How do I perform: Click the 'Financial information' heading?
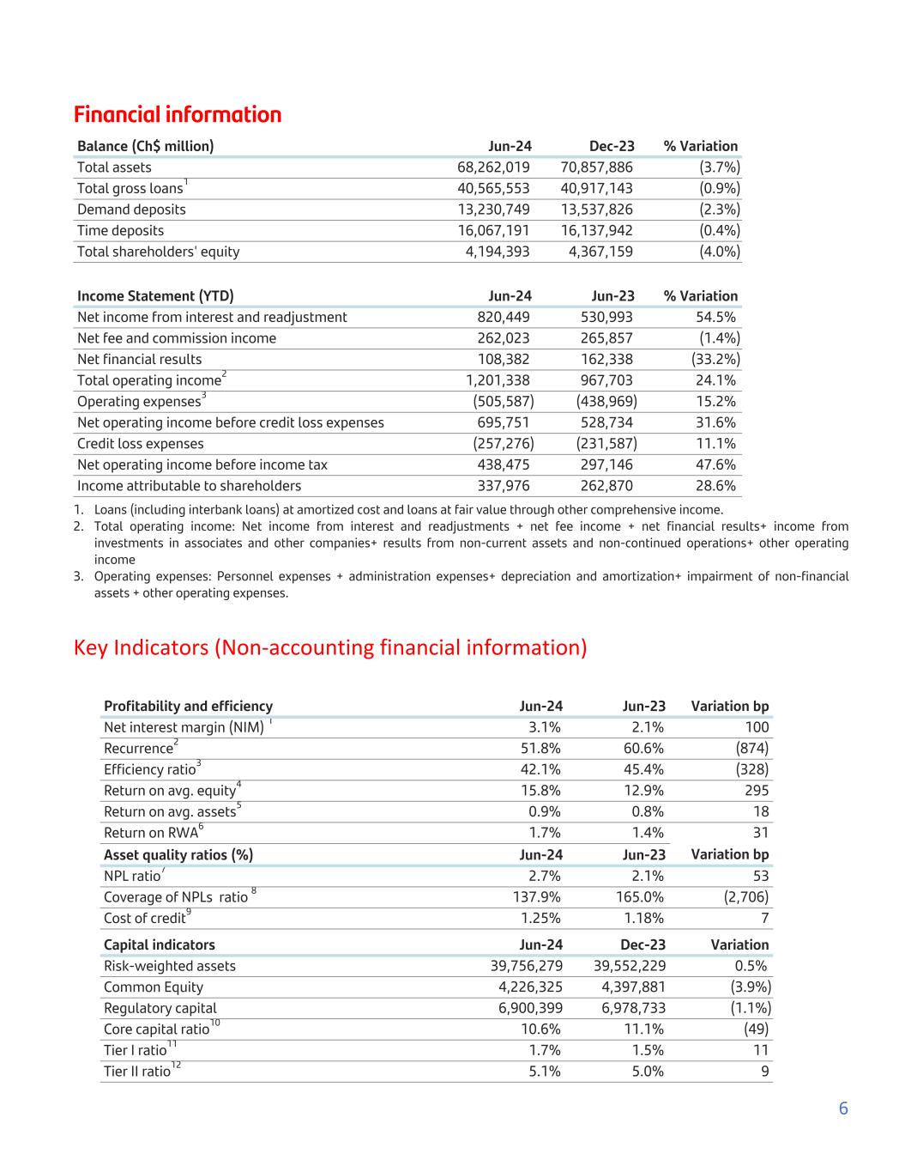tap(178, 115)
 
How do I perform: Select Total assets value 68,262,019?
tap(493, 167)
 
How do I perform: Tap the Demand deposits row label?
tap(131, 210)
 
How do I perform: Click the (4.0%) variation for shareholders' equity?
tap(719, 252)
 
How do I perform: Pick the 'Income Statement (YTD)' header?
tap(155, 296)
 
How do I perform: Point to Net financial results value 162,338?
tap(606, 360)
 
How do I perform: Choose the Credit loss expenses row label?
tap(141, 444)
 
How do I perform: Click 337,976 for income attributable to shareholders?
tap(504, 486)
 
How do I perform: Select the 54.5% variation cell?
tap(716, 318)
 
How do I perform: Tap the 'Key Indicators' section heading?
tap(330, 647)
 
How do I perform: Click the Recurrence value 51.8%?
tap(541, 749)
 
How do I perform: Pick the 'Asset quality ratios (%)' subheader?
tap(178, 855)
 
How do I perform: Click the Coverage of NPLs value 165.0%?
tap(640, 897)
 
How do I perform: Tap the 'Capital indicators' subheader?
tap(160, 945)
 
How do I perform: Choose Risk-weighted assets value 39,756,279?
tap(526, 967)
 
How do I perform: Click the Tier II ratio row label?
tap(137, 1072)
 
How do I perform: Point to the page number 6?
tap(843, 1108)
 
